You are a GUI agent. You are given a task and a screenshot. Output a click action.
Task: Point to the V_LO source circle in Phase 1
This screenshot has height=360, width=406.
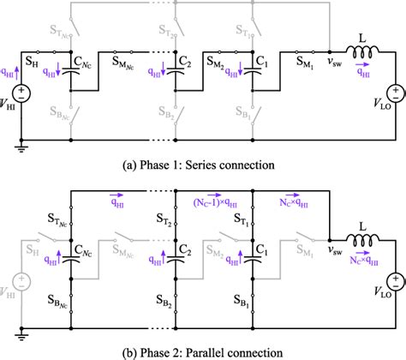[x=396, y=92]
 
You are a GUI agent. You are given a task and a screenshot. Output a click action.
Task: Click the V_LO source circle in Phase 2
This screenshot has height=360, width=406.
[x=396, y=280]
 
